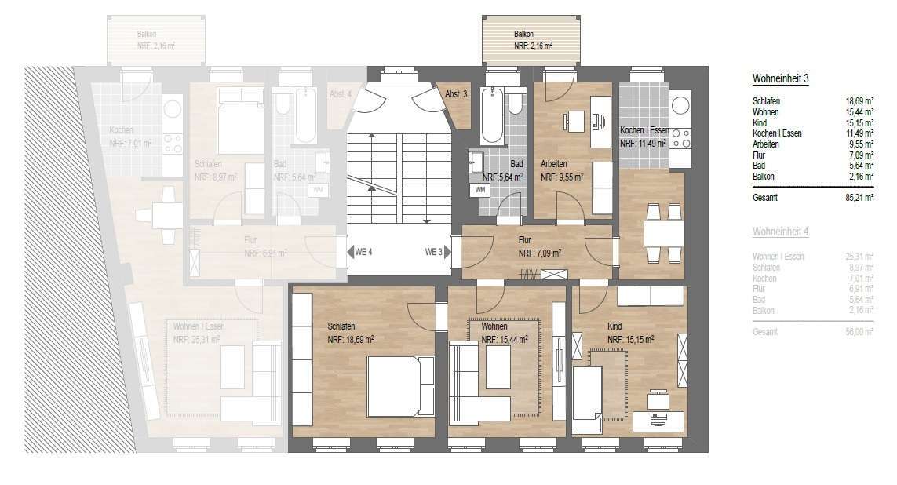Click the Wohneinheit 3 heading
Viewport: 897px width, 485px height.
pos(780,79)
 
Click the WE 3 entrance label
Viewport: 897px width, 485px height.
pos(434,252)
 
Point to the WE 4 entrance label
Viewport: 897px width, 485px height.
pos(363,252)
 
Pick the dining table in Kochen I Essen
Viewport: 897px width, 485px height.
pos(663,233)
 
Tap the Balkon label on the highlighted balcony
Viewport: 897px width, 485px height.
pos(523,35)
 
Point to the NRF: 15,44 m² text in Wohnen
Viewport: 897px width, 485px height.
pos(504,340)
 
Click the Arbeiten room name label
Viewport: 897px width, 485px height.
pos(556,164)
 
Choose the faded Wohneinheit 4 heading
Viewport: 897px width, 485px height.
pos(780,232)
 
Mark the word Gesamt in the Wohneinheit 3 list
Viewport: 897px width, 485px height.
pos(765,198)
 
